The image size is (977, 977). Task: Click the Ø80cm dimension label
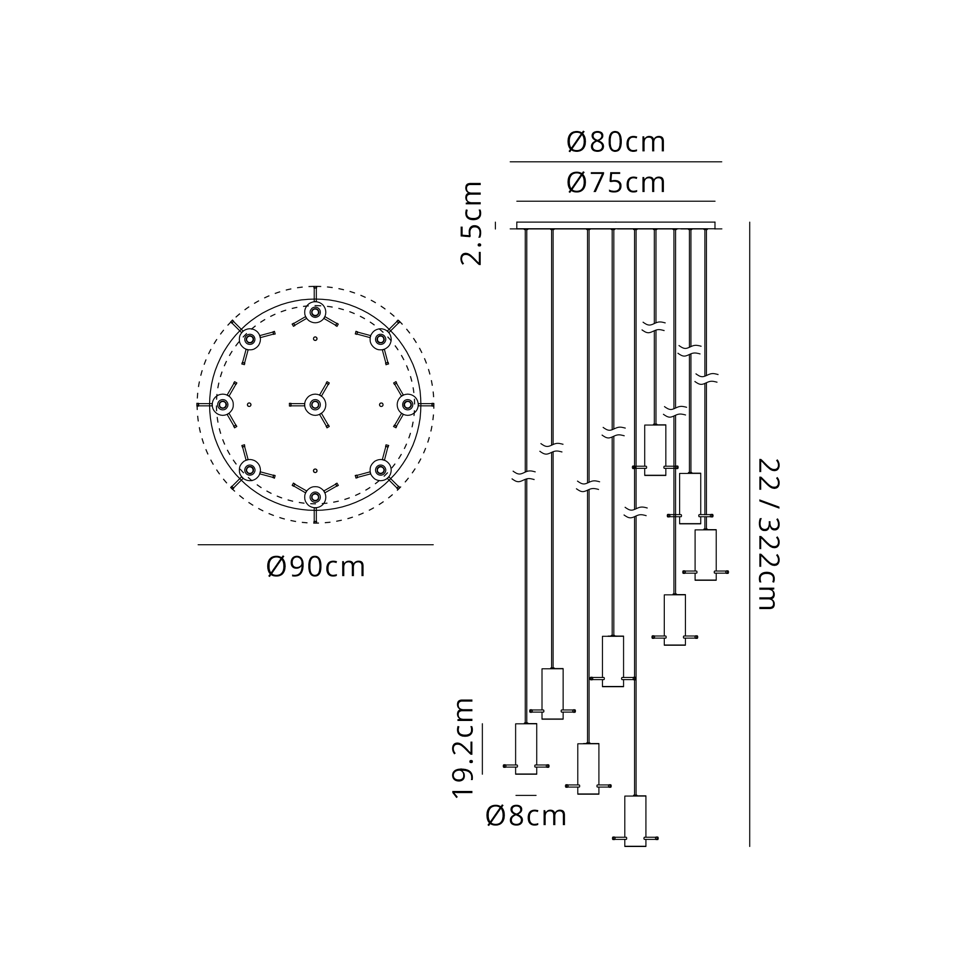tap(616, 142)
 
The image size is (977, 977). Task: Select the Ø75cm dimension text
tap(616, 183)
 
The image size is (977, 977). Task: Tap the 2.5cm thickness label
tap(471, 223)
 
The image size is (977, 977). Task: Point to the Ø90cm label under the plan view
tap(316, 567)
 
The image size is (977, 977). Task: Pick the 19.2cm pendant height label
tap(463, 747)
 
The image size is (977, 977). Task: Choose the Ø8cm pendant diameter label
tap(526, 816)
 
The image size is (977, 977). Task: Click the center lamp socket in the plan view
tap(315, 404)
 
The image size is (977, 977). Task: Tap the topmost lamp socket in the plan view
tap(315, 312)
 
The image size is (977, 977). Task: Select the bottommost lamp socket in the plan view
tap(315, 497)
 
